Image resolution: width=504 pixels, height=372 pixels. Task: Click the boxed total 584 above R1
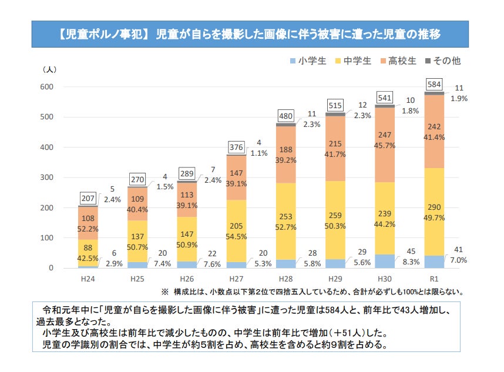tap(435, 85)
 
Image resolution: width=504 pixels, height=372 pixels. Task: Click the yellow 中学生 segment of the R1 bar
tap(435, 217)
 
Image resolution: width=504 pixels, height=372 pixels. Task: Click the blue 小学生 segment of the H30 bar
tap(385, 261)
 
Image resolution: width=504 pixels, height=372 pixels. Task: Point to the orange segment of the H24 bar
tap(88, 223)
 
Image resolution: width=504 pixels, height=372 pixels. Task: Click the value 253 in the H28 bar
tap(286, 217)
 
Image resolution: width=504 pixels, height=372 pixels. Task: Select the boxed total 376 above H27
tap(237, 146)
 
